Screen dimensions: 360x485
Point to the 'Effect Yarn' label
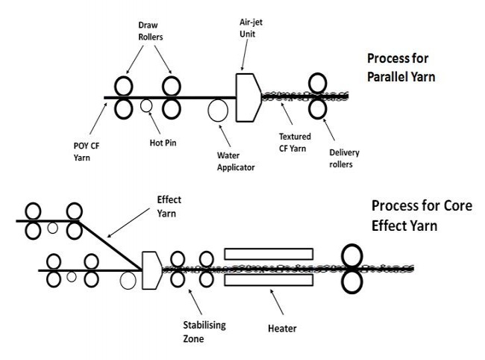pos(170,205)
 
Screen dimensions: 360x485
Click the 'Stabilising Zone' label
pos(204,330)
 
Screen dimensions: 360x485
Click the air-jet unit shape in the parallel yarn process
pos(247,96)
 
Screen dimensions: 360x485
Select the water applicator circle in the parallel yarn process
pos(219,111)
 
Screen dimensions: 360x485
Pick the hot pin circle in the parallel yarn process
pos(147,106)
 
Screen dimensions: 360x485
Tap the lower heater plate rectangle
pos(269,282)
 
